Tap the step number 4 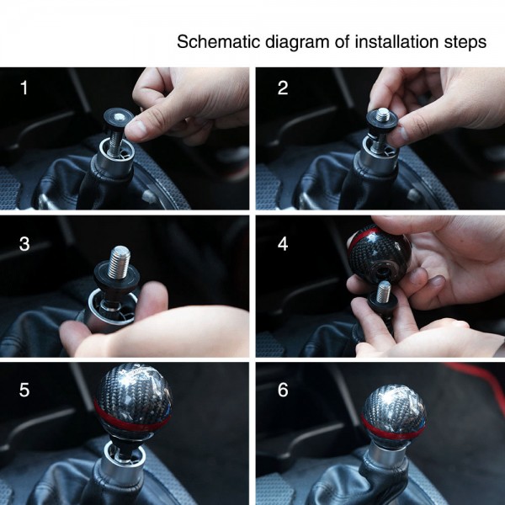click(x=283, y=244)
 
